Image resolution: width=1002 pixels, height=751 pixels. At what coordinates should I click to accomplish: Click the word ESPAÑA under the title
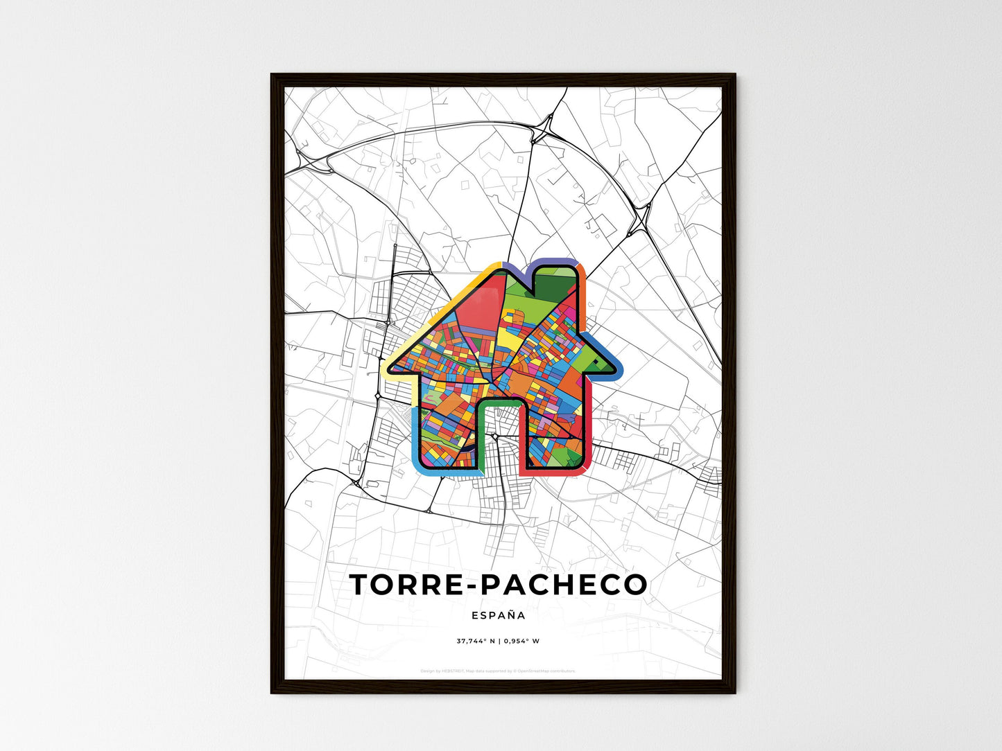pos(498,615)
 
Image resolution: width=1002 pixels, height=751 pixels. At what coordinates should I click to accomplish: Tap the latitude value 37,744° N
pos(476,641)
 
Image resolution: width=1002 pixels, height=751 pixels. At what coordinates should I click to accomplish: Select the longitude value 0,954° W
pos(521,641)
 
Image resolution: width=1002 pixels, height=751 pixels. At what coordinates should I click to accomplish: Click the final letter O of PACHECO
pos(635,585)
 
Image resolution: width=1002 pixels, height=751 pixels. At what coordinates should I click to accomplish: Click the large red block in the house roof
pos(478,305)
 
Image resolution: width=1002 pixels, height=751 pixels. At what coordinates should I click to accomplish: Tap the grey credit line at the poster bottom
pos(498,671)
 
